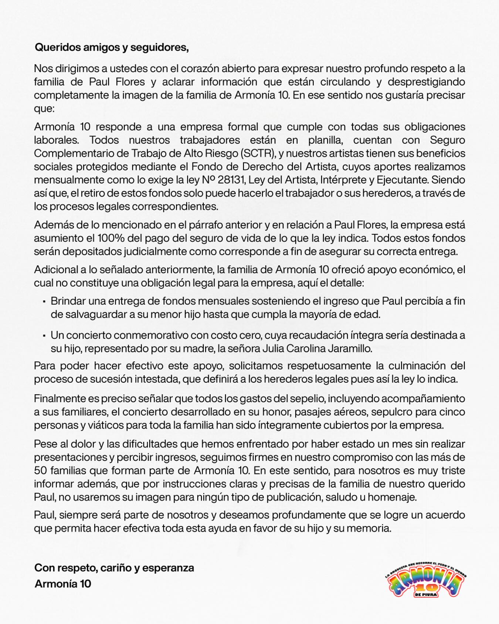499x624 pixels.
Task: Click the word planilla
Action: click(325, 140)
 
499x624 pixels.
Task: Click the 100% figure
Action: click(111, 238)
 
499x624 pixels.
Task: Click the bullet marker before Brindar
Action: click(44, 301)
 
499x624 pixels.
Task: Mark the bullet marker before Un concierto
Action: click(44, 335)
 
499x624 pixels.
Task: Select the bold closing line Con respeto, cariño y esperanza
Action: click(114, 568)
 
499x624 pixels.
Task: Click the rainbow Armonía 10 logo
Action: click(425, 580)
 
